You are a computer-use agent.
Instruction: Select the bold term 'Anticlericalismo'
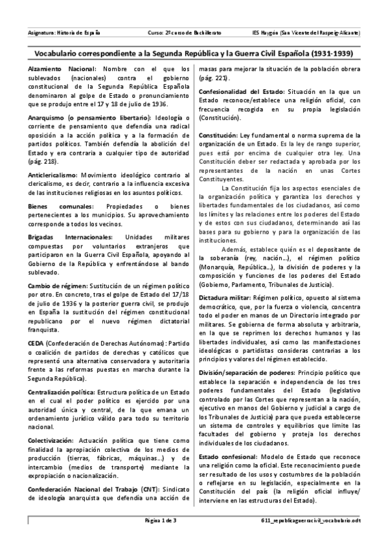pos(52,175)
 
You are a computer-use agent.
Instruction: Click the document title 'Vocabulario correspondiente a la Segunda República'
pos(194,50)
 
